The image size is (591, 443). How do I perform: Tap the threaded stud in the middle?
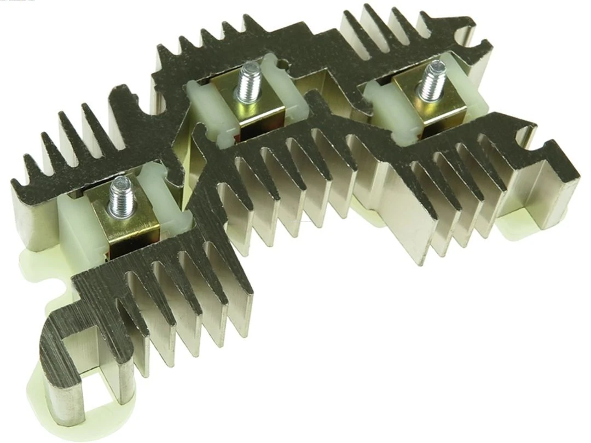[x=250, y=82]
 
